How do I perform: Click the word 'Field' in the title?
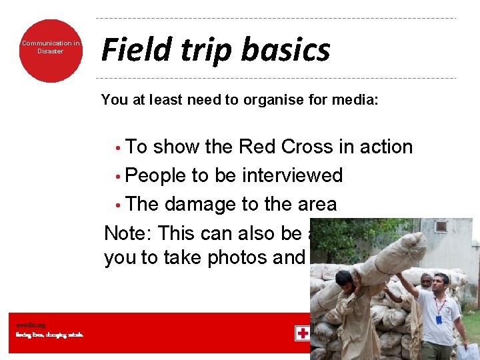coord(129,49)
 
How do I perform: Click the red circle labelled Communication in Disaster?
coord(51,51)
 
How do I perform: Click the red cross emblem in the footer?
coord(302,333)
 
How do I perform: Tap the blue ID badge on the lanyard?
coord(439,320)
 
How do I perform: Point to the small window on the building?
coord(441,227)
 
